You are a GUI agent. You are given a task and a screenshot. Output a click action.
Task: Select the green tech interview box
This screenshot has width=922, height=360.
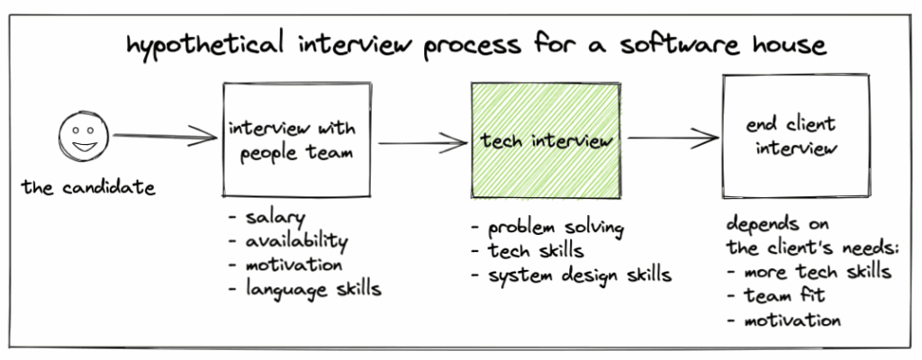(x=545, y=140)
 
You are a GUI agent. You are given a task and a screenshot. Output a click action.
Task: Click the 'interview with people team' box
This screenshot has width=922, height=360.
(x=298, y=140)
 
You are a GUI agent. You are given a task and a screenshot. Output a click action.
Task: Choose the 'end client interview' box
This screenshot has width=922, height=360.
(x=795, y=136)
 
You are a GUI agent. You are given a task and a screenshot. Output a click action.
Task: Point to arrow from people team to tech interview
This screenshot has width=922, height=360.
(x=421, y=141)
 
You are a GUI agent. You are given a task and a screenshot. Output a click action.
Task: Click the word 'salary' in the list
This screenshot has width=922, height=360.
(x=274, y=217)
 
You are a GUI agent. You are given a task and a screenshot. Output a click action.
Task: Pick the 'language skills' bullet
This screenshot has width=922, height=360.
(x=312, y=289)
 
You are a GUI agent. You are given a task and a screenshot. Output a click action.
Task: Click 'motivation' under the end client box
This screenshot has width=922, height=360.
(x=791, y=319)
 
